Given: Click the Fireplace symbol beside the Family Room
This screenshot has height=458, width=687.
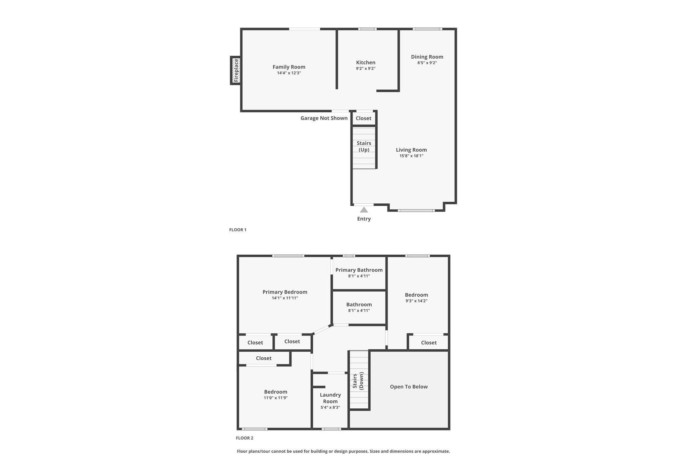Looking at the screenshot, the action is click(x=235, y=70).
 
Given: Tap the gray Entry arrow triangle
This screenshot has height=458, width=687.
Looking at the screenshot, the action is click(x=364, y=210).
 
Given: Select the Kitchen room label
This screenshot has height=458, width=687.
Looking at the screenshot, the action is click(x=366, y=62).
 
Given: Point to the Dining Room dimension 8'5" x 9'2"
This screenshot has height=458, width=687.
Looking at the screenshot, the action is click(x=427, y=63).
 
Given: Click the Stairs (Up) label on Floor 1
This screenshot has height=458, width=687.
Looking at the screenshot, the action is click(x=364, y=146).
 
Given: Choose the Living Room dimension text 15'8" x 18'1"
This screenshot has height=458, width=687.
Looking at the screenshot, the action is click(x=411, y=156).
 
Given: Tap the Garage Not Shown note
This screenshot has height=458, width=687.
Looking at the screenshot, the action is click(x=324, y=118).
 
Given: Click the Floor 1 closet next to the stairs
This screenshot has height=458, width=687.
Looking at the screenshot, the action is click(x=364, y=118).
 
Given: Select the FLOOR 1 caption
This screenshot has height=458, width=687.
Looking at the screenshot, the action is click(x=238, y=230).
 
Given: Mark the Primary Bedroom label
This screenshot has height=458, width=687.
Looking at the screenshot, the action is click(x=285, y=292).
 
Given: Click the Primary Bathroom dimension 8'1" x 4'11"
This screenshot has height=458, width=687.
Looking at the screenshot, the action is click(x=359, y=276).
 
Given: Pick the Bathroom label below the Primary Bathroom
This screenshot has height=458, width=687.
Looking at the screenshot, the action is click(x=359, y=305).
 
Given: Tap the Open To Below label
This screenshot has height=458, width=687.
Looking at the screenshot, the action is click(x=409, y=387).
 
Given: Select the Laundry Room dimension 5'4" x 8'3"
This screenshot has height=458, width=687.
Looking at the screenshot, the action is click(x=330, y=407).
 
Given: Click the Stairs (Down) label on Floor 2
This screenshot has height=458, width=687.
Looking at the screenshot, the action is click(x=358, y=380).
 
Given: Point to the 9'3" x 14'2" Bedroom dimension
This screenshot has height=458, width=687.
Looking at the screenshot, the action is click(x=416, y=301).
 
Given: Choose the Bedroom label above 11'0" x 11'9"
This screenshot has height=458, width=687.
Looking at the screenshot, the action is click(x=276, y=392).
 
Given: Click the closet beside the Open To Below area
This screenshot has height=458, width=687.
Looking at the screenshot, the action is click(x=429, y=343).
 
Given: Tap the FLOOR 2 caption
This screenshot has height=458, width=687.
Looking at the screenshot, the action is click(x=245, y=438).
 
